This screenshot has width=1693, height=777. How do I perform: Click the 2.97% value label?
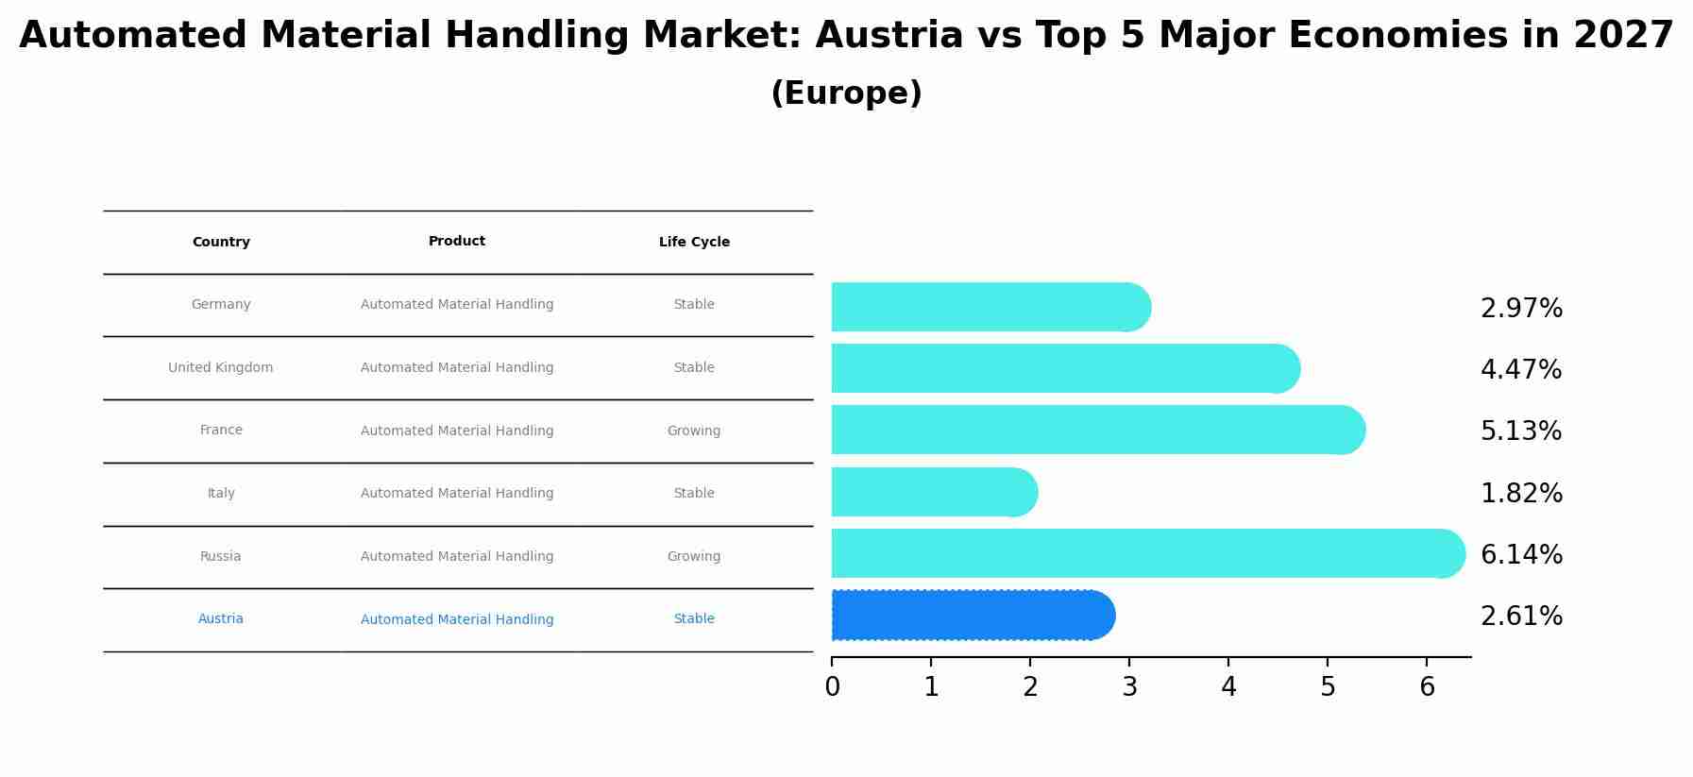pos(1521,309)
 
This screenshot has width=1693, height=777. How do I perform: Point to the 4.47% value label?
pos(1521,370)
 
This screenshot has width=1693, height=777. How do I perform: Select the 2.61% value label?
pos(1521,617)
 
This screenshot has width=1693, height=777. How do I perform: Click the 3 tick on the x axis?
pos(1129,687)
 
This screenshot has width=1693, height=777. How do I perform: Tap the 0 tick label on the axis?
pos(832,687)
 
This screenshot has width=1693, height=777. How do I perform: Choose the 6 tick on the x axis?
pos(1427,687)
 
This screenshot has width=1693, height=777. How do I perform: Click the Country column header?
pos(221,243)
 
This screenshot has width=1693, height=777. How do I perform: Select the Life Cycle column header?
pos(694,243)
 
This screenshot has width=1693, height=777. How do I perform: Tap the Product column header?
pos(457,242)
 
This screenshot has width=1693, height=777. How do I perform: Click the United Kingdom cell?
pos(221,368)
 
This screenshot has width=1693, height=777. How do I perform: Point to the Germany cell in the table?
pos(221,305)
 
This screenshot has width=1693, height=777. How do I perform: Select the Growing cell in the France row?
pos(694,431)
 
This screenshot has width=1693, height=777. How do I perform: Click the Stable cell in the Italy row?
pos(694,494)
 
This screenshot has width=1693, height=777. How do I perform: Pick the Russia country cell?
pos(221,557)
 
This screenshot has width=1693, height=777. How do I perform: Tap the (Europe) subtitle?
pos(846,93)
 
